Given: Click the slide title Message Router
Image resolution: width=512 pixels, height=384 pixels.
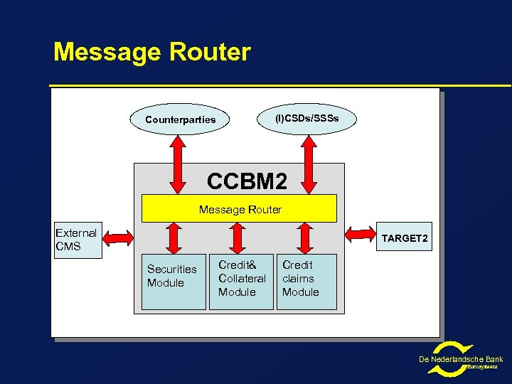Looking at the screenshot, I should (x=152, y=52).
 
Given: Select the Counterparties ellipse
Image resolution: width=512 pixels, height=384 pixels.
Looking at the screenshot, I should (x=181, y=119).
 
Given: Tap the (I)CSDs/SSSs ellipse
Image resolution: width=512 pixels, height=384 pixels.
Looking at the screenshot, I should (x=307, y=117).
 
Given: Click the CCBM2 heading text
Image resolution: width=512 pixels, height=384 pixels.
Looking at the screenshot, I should (x=247, y=181).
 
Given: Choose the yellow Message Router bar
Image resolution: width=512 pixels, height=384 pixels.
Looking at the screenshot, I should (x=240, y=209).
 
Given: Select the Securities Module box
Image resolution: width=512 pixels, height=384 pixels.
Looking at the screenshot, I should (x=173, y=282).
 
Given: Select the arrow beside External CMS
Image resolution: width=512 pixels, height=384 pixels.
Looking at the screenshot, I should (x=118, y=237).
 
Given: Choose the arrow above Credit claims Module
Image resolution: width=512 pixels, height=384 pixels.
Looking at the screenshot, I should (x=306, y=236).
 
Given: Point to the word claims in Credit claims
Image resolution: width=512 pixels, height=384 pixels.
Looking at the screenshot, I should (x=297, y=279).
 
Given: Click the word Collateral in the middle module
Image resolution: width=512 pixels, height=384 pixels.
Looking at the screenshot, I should (x=242, y=279).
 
